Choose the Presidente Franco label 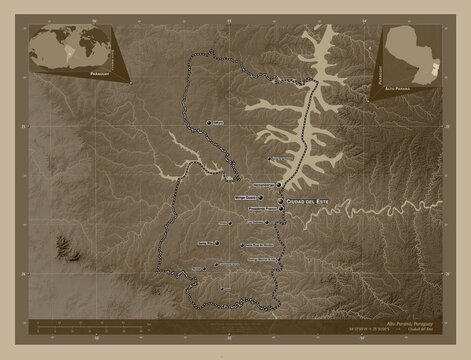(263, 209)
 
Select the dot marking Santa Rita (216, 243)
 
